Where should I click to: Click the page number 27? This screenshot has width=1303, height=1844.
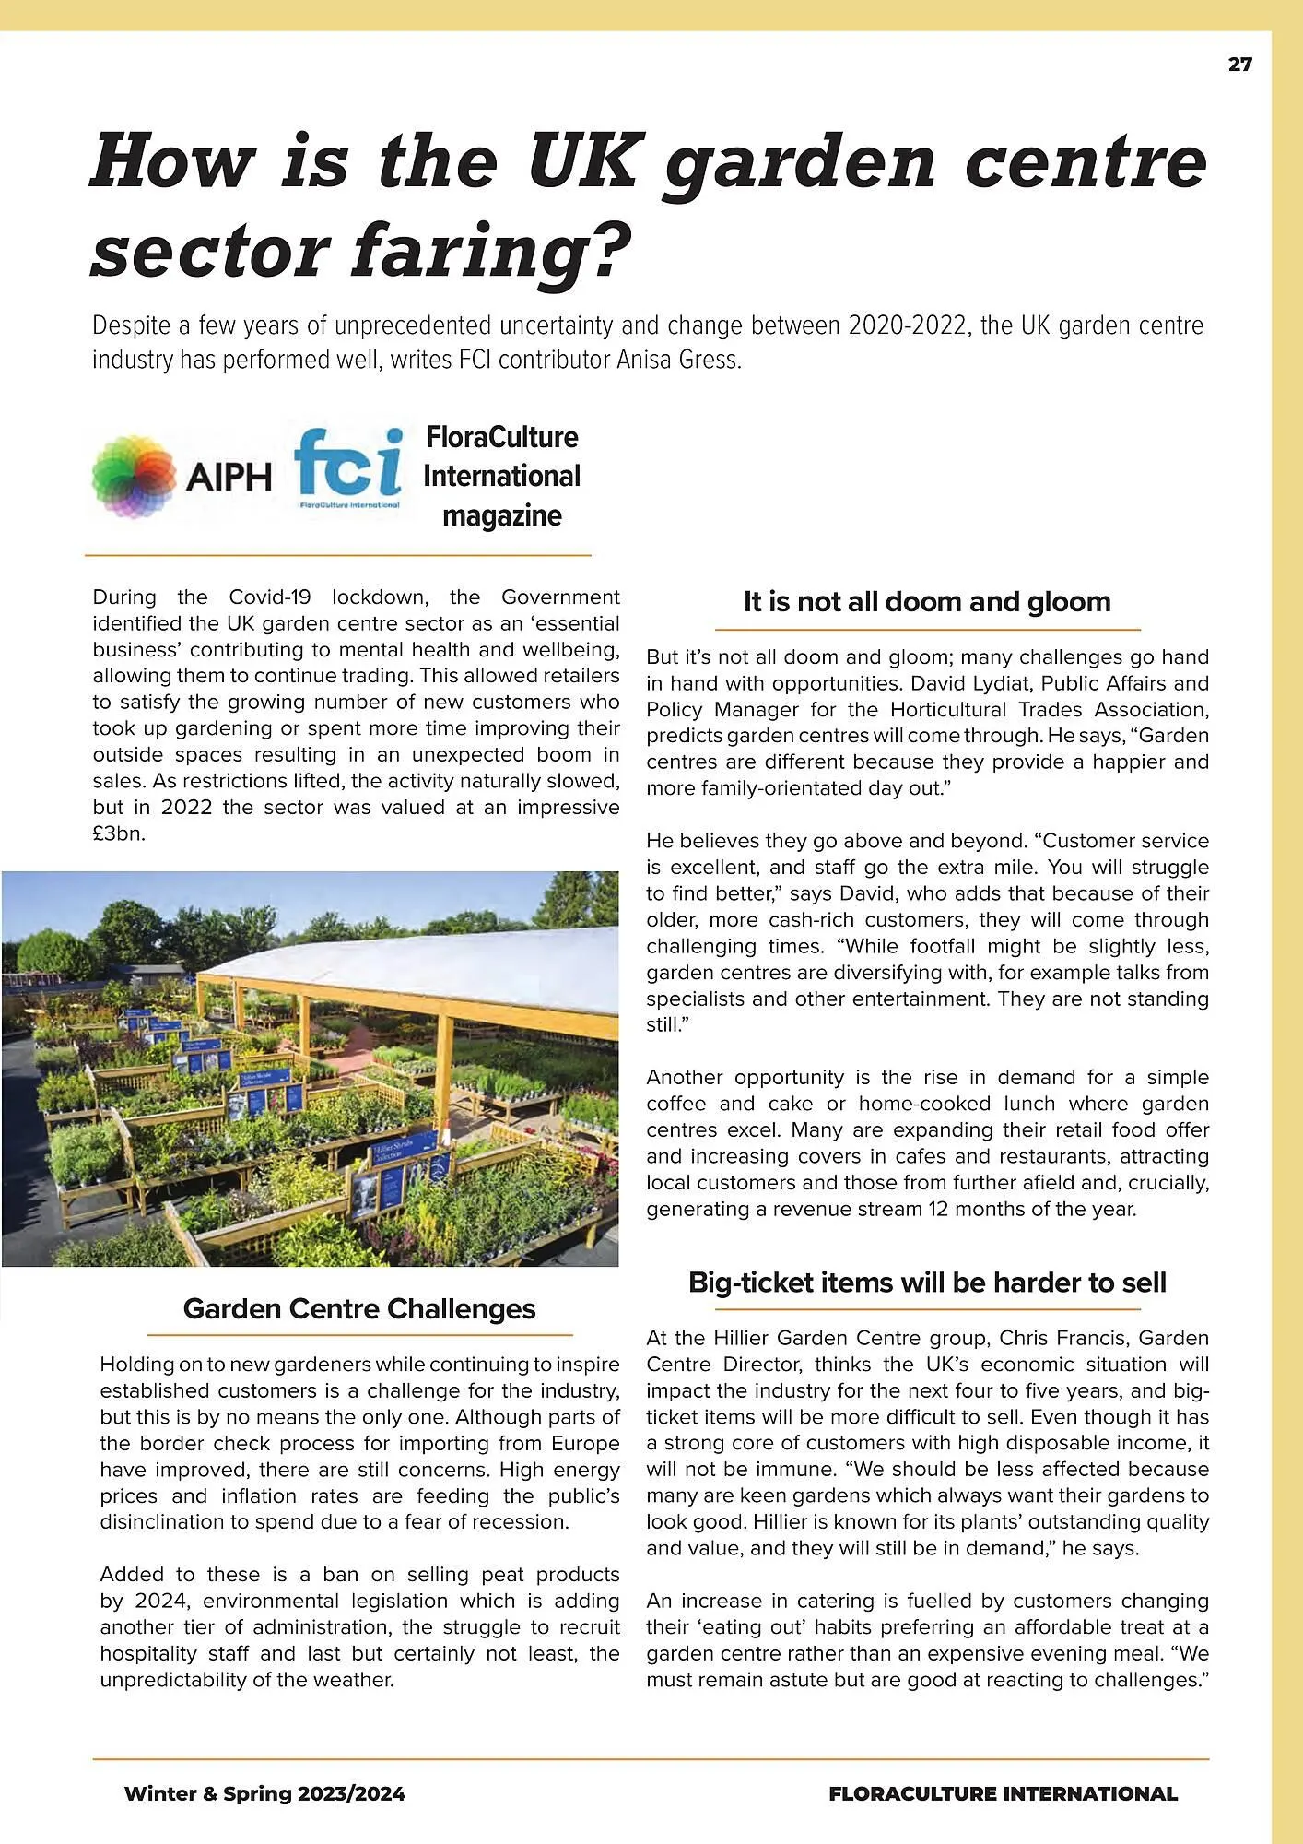1239,65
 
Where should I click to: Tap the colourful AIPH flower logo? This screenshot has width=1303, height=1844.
135,476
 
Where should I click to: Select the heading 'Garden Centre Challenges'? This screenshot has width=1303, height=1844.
359,1308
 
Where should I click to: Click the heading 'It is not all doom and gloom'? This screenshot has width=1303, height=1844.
927,602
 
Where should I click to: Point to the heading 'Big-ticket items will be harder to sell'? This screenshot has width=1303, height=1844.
927,1283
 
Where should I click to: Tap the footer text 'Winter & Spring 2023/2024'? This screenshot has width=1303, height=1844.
264,1793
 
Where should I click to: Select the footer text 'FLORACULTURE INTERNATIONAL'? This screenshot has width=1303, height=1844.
1003,1793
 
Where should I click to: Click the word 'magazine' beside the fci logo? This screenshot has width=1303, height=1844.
501,515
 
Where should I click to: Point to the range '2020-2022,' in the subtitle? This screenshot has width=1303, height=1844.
909,325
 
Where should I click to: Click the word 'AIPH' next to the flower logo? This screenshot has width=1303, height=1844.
229,478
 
